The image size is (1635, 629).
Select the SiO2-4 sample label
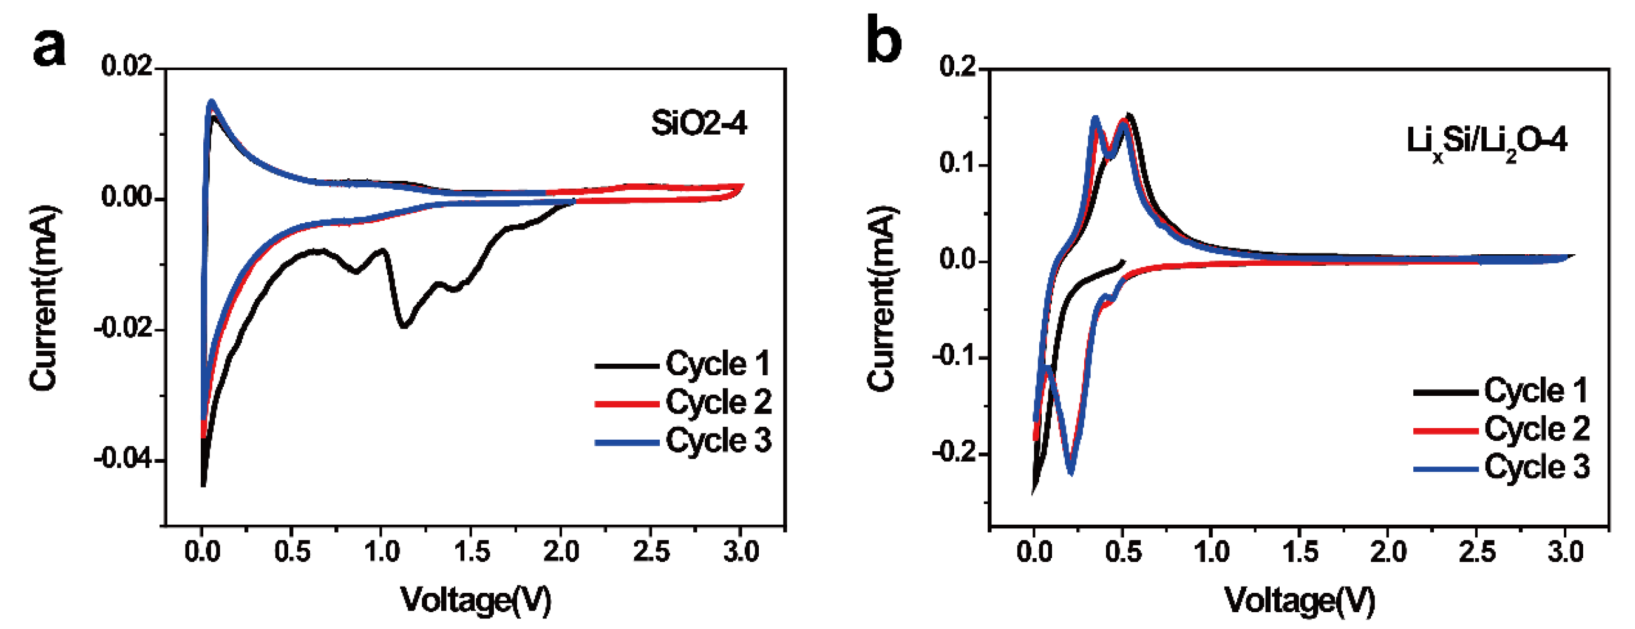click(699, 123)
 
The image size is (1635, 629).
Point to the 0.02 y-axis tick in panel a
click(127, 67)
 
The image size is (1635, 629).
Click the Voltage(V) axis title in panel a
click(475, 600)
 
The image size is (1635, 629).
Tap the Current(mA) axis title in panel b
click(882, 298)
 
